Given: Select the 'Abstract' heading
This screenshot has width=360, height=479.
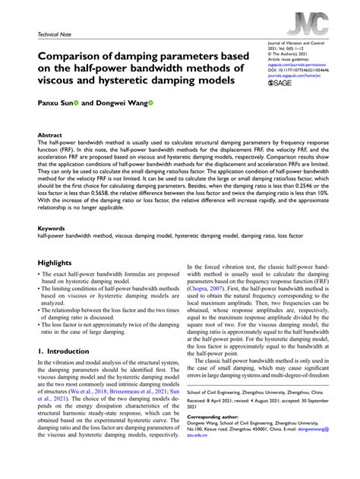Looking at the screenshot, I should pos(50,134).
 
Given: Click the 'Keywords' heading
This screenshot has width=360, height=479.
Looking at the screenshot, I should pos(52,228).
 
